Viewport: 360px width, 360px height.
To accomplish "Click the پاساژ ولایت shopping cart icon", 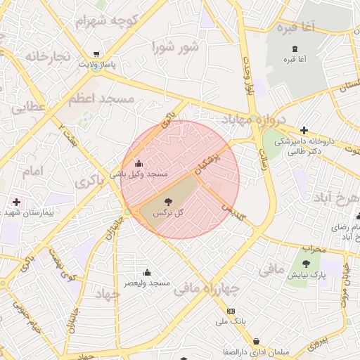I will pos(96,53).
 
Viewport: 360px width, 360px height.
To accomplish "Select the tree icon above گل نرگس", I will pos(167,202).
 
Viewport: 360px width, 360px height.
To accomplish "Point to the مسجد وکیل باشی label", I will pos(138,173).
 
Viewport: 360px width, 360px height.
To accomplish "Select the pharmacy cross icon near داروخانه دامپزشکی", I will pos(303,130).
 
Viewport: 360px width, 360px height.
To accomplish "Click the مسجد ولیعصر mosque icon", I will pos(147,273).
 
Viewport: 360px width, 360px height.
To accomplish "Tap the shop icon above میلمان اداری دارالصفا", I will pos(255,342).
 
